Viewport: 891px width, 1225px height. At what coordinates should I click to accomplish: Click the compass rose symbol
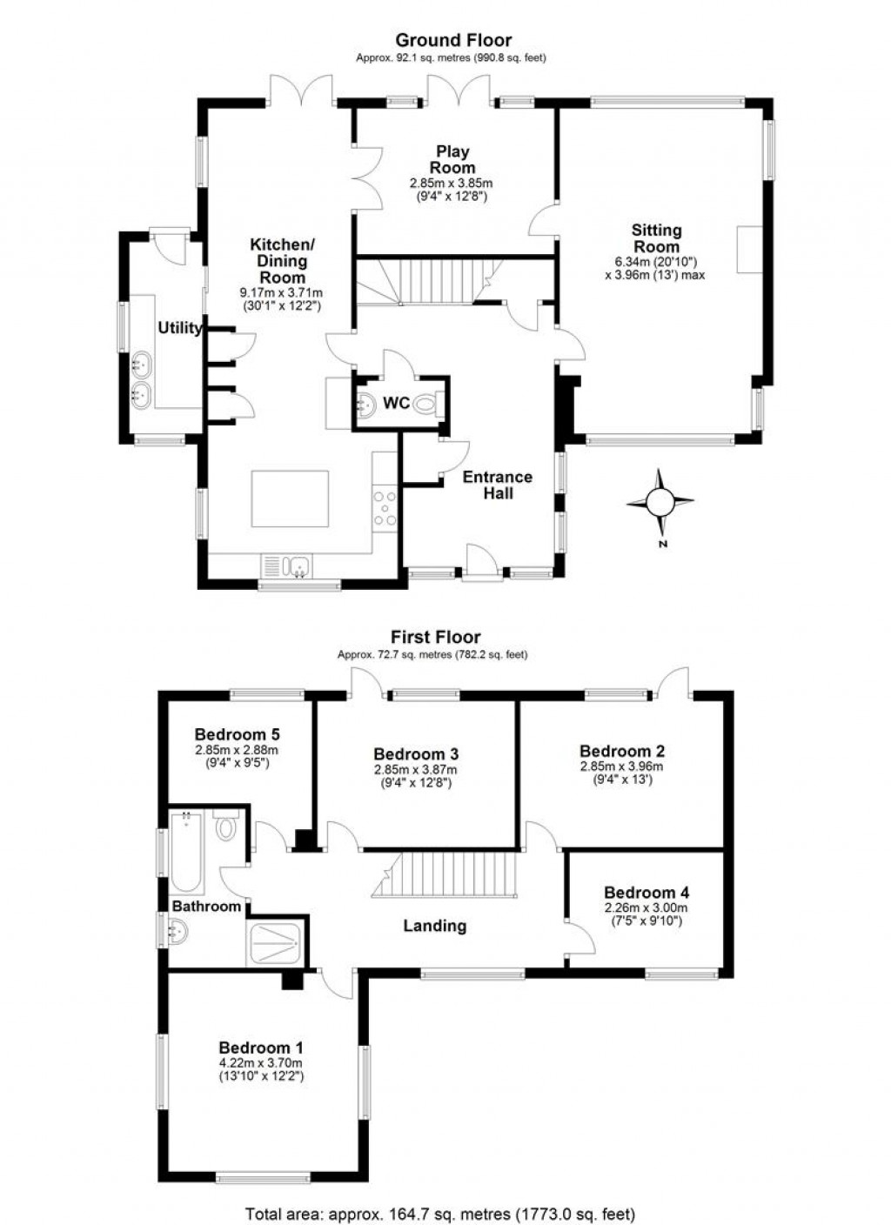point(660,501)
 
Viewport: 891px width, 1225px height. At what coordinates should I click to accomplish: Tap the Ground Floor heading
point(452,40)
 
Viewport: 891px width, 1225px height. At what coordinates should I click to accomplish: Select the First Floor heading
point(435,637)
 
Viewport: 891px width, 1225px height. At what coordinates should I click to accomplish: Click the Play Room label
point(452,159)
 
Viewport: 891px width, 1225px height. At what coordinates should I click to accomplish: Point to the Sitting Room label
point(656,238)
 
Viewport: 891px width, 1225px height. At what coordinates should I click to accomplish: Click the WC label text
point(397,403)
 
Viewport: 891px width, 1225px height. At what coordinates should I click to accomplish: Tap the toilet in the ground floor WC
point(425,404)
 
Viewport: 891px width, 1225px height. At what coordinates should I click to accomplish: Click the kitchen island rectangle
point(290,499)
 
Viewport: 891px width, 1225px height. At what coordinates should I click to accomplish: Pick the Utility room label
point(180,328)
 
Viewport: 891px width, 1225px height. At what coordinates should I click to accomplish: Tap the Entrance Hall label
point(497,485)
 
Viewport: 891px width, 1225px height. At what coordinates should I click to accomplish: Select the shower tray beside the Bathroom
point(277,942)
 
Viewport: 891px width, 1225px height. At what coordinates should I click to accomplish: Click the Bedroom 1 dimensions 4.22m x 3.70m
point(260,1063)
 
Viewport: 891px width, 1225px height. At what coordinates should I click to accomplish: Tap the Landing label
point(434,926)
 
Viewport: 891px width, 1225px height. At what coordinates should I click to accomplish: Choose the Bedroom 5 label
point(237,733)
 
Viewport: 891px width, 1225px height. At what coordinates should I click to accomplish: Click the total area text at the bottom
point(440,1213)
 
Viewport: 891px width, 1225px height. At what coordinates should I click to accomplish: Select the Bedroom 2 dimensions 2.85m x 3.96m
point(621,766)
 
